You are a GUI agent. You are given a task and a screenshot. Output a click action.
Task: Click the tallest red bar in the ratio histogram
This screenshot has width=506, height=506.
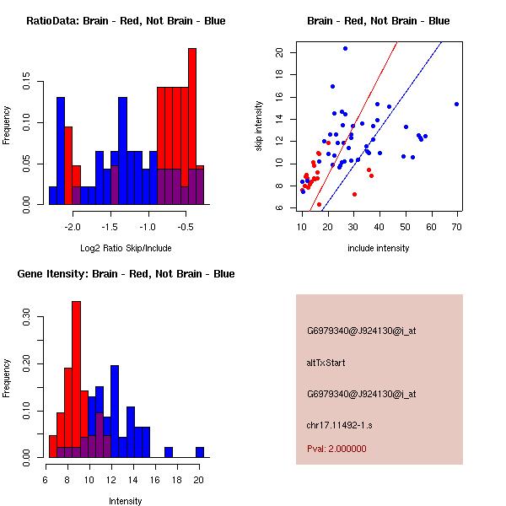(192, 126)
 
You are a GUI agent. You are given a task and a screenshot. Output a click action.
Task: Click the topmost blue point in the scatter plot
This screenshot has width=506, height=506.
(345, 48)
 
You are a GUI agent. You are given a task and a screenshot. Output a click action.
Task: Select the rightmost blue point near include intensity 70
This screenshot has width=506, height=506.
(456, 104)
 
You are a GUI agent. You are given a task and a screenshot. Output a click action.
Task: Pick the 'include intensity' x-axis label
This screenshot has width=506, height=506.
(379, 248)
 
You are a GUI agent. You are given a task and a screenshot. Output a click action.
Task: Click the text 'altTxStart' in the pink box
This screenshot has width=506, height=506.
(326, 363)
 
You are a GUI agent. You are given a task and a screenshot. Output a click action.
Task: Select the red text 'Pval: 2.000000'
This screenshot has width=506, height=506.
(336, 449)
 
